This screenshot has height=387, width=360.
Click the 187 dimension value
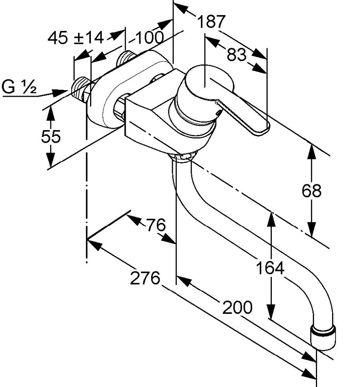[x=211, y=22]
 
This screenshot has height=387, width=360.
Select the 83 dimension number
[x=237, y=55]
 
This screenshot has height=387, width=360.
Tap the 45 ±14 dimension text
[x=76, y=38]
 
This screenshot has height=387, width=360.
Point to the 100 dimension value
[x=149, y=38]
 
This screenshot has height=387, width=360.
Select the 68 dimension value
[x=312, y=190]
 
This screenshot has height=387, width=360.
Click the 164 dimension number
[x=270, y=268]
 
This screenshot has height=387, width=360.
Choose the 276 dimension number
[x=145, y=278]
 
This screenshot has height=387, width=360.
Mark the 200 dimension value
[x=237, y=307]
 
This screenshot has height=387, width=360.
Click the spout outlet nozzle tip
[x=323, y=337]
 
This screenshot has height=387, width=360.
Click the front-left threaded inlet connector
[x=80, y=89]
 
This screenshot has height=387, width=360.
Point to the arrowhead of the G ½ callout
[x=60, y=92]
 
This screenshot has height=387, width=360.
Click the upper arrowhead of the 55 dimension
[x=51, y=113]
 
